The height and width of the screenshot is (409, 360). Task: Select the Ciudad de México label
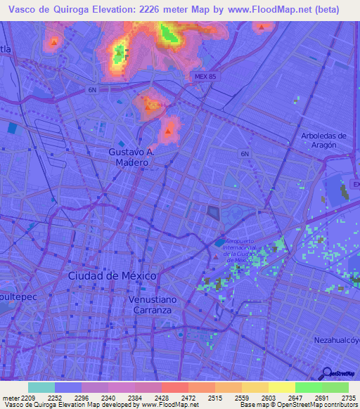112,275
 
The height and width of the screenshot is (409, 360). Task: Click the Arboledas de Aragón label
323,140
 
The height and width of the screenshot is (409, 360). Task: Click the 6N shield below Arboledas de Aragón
245,154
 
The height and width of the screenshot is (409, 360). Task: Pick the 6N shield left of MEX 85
91,90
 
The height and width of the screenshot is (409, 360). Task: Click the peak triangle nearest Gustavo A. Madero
168,130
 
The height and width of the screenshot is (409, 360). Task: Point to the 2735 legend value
349,398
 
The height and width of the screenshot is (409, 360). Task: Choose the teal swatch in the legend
41,387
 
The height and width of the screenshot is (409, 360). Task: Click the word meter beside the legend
9,398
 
